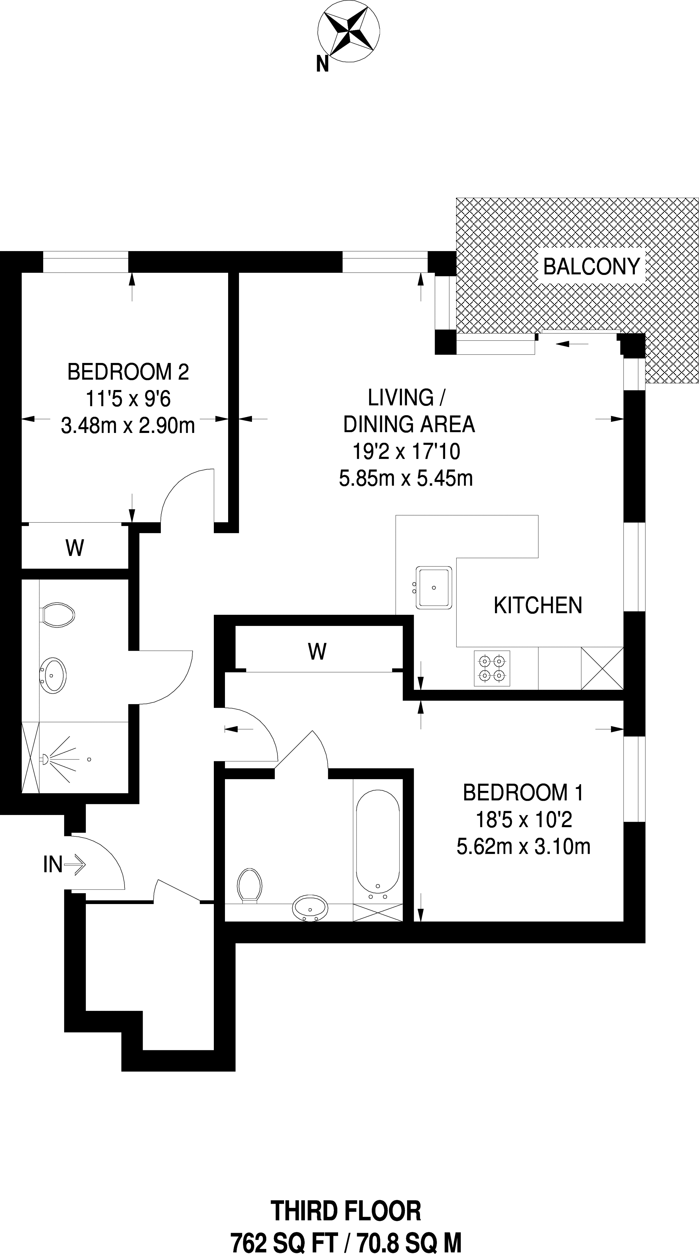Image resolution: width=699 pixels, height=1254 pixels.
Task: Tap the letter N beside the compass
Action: (x=322, y=64)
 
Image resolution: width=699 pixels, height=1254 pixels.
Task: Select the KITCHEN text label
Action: (x=538, y=605)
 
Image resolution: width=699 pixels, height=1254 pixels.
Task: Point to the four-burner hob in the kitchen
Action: (x=492, y=668)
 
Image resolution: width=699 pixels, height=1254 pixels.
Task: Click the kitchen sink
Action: (x=434, y=587)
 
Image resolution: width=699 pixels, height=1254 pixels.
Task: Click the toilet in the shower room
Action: (x=58, y=615)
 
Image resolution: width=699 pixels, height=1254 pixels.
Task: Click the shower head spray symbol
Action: (x=58, y=759)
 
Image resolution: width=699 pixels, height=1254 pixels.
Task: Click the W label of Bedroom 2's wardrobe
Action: (x=74, y=548)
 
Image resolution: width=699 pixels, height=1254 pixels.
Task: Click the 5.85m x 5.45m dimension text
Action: (x=406, y=478)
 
